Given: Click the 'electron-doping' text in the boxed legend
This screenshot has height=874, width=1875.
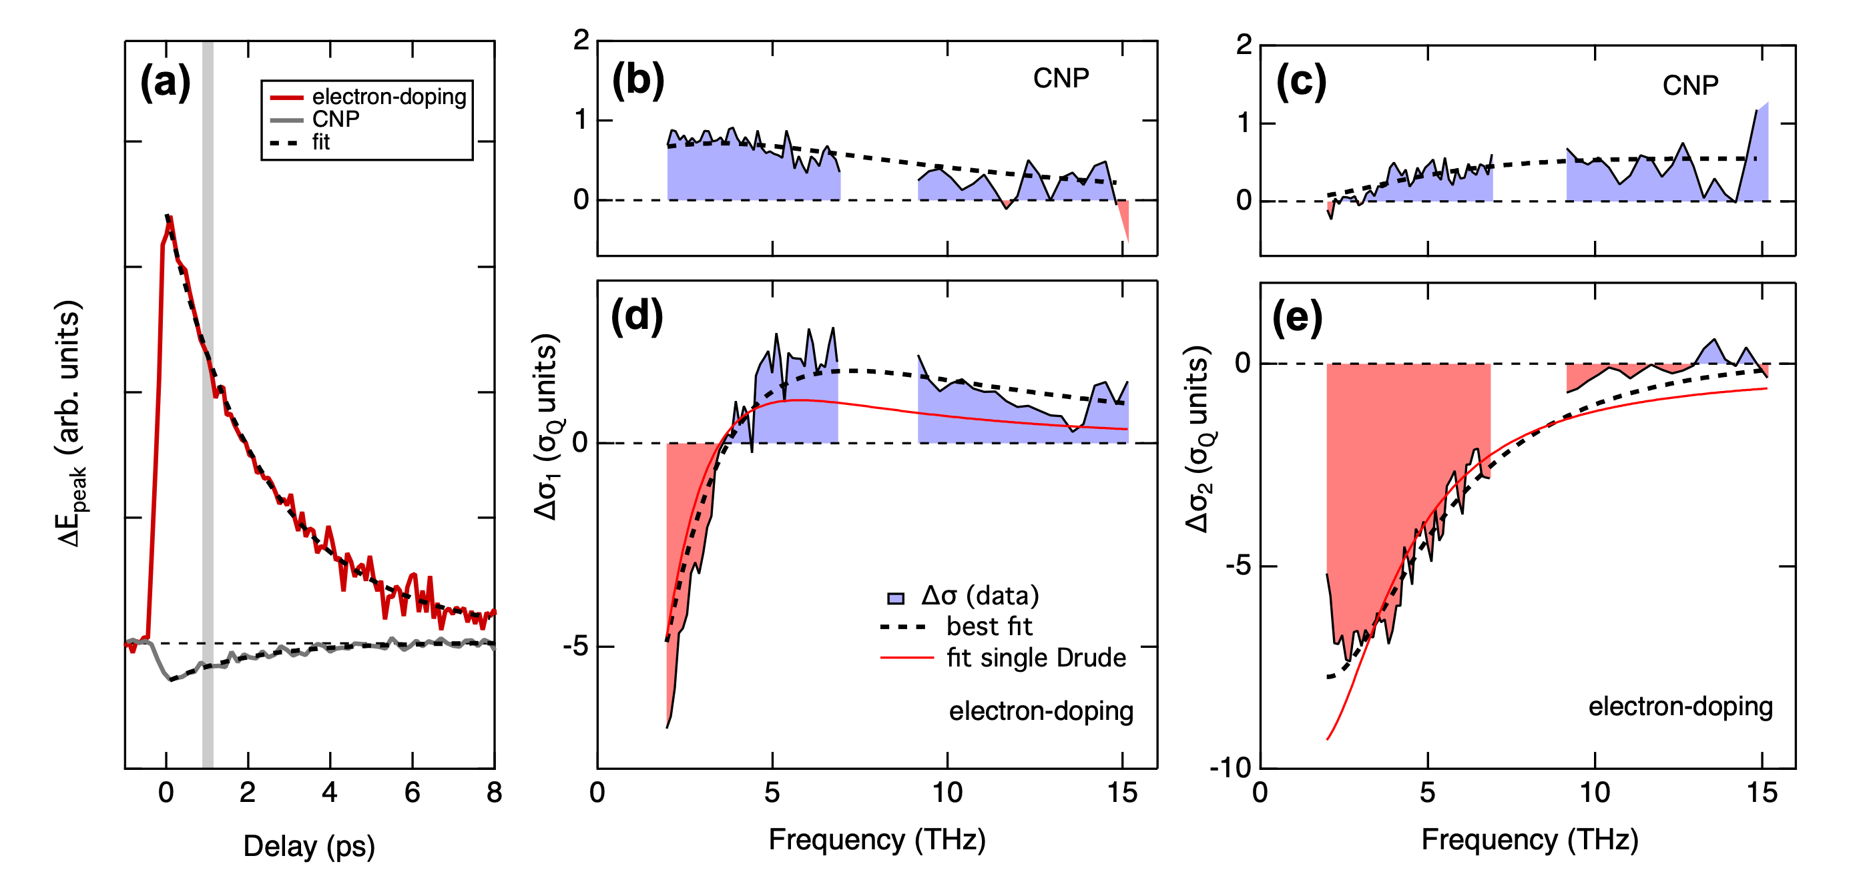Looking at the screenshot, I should click(x=388, y=97).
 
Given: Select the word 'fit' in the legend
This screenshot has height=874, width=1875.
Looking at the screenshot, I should click(x=321, y=142).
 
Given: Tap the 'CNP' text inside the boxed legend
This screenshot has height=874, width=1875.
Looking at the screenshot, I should click(x=336, y=119).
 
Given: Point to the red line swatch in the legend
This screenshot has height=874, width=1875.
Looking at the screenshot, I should click(x=286, y=97).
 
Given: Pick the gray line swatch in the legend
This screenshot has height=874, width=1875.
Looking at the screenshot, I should click(x=286, y=120).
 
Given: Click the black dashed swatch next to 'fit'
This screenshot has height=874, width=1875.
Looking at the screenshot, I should click(x=284, y=143).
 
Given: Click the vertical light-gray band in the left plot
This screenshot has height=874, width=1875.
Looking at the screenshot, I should click(x=208, y=510).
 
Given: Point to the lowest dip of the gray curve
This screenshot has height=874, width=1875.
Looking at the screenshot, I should click(x=170, y=679).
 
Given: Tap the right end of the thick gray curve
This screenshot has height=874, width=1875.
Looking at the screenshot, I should click(x=495, y=648).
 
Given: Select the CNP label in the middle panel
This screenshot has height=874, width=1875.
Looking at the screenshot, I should click(x=1061, y=79).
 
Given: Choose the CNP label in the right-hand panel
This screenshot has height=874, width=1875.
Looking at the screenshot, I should click(x=1690, y=86).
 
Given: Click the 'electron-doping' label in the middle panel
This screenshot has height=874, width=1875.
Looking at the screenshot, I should click(x=1041, y=711).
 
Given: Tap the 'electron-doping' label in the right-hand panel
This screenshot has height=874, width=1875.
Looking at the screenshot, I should click(x=1680, y=707).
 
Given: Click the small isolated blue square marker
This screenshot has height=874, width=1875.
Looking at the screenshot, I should click(x=896, y=599).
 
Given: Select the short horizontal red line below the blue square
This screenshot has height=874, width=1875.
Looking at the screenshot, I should click(x=907, y=658).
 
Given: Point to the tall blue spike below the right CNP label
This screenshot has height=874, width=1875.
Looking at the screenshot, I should click(x=1760, y=145).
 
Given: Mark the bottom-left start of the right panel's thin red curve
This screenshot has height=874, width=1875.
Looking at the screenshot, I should click(x=1328, y=739).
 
